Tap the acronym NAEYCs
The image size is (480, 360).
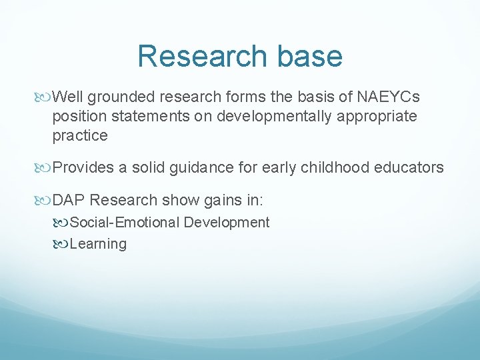tap(388, 97)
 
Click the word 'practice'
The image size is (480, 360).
tap(80, 135)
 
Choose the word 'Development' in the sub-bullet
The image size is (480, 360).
tap(227, 223)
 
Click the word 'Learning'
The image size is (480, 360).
tap(98, 244)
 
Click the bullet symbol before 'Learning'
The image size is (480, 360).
tap(62, 245)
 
